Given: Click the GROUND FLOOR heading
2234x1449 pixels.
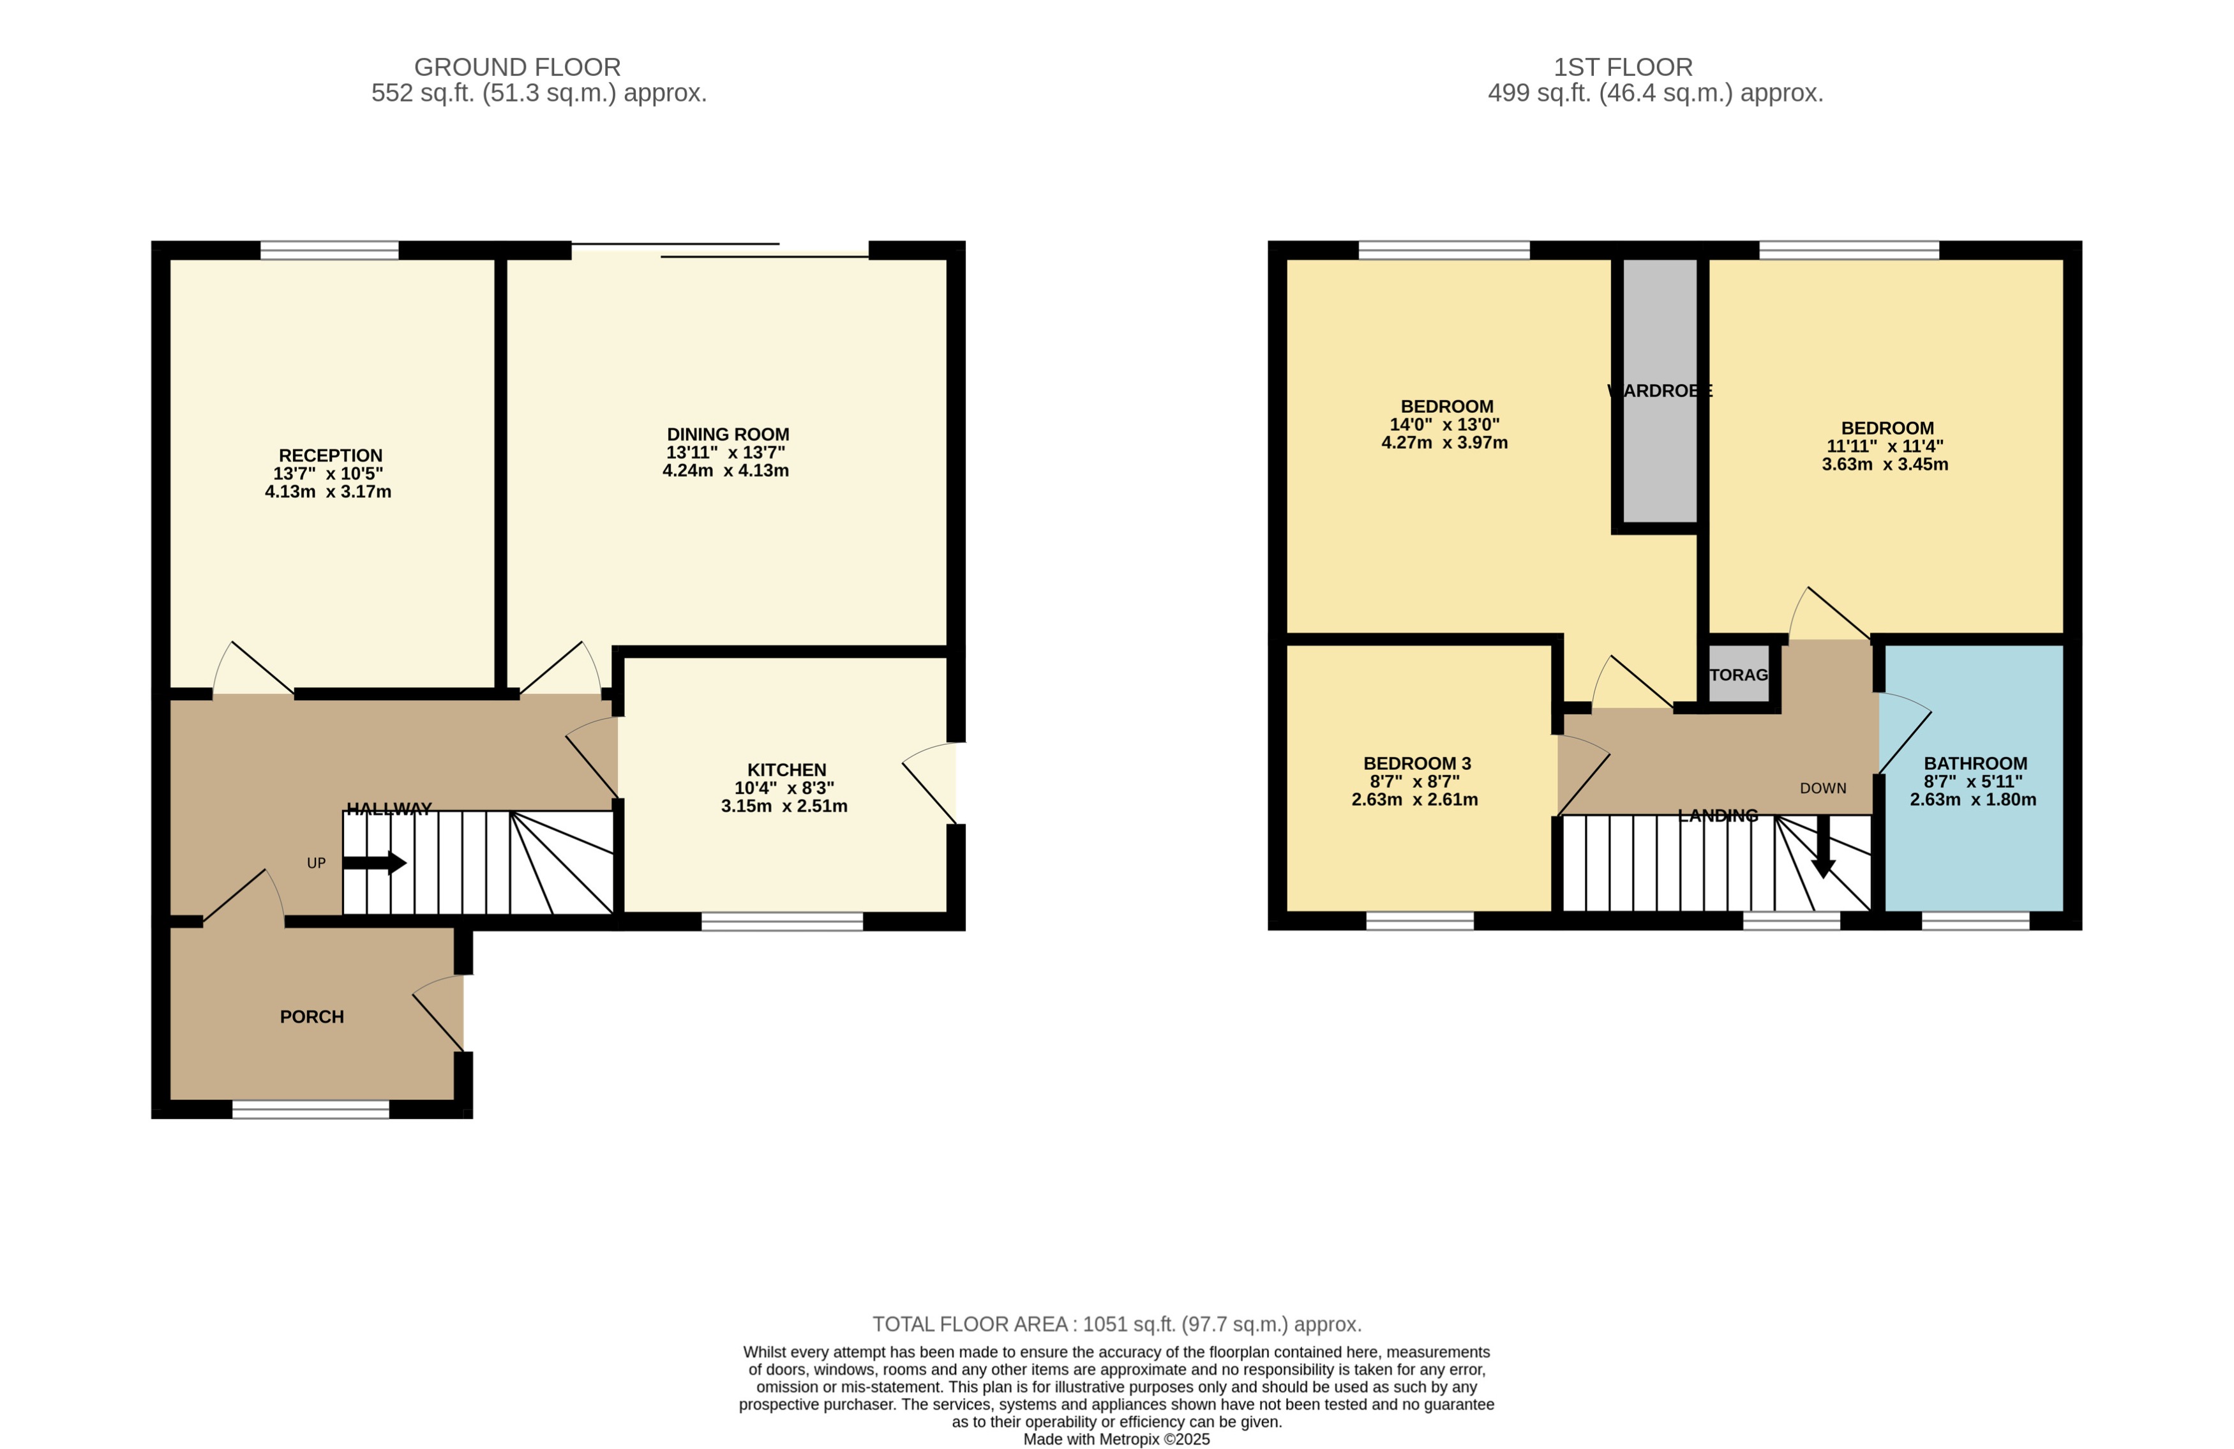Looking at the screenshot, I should [517, 68].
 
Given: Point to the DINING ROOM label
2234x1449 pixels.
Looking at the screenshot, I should [728, 435].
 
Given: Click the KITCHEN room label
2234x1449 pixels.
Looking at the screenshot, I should [786, 770].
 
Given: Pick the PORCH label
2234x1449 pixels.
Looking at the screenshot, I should [311, 1016].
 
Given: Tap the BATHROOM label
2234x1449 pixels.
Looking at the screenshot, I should [1975, 763].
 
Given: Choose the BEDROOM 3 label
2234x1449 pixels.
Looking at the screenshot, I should [1416, 763].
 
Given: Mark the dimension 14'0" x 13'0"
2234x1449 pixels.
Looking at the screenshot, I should [1444, 424].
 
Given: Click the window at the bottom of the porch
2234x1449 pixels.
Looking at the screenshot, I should [311, 1109].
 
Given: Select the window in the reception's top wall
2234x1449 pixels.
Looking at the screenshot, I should [329, 250].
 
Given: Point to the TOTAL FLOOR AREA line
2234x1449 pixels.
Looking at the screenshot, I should [1116, 1324].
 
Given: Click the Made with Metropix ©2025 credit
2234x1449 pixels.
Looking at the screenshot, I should [1116, 1439].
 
